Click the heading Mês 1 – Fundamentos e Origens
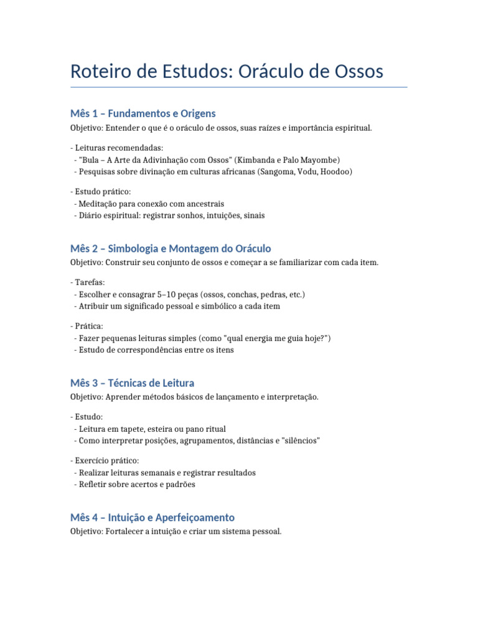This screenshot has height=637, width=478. click(143, 113)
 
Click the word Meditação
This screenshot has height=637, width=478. click(99, 203)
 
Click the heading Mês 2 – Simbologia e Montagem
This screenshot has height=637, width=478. click(171, 248)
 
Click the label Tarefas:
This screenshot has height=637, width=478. click(88, 282)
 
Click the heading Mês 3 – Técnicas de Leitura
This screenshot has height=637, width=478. click(133, 383)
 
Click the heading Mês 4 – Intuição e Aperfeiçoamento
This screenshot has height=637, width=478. click(152, 517)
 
